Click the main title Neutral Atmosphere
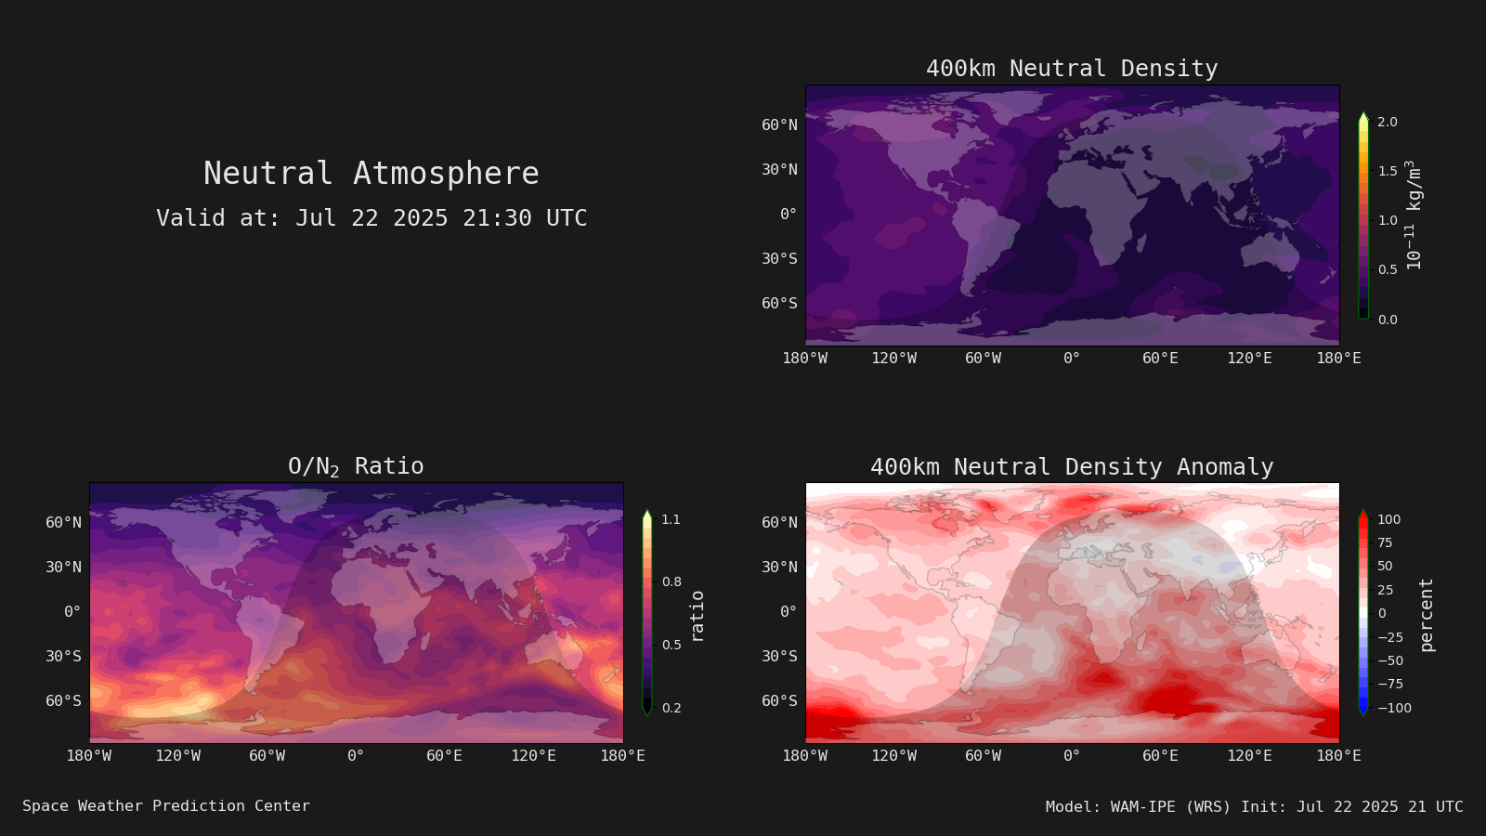[x=371, y=174]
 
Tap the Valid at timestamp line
[x=371, y=218]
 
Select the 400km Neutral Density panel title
[x=1072, y=69]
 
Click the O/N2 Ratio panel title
[x=356, y=466]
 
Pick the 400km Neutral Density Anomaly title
[x=1072, y=467]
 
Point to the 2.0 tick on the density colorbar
[x=1388, y=122]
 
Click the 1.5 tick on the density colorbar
[x=1388, y=171]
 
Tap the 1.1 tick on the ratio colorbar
[x=671, y=519]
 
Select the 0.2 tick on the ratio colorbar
[x=671, y=708]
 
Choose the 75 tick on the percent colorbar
[x=1385, y=542]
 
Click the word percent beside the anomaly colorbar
[x=1427, y=615]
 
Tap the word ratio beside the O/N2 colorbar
[x=697, y=616]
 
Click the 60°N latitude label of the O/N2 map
[x=64, y=523]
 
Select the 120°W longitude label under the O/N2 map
[x=177, y=756]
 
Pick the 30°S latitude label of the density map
[x=779, y=259]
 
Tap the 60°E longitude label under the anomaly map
[x=1160, y=756]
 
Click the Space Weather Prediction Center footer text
[x=166, y=806]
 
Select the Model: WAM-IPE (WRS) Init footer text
[x=1254, y=807]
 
